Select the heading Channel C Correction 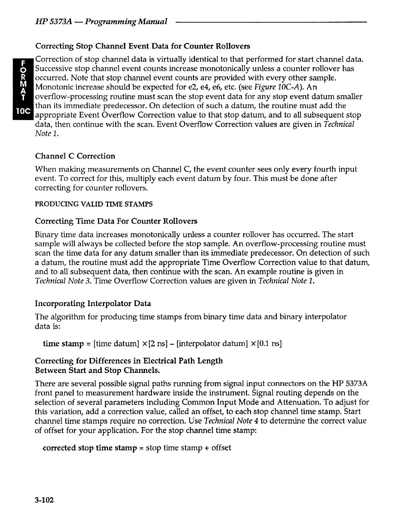click(75, 156)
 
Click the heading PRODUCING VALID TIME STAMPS click(94, 204)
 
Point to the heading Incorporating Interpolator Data click(93, 303)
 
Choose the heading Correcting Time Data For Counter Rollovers click(116, 221)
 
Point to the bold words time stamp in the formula click(63, 344)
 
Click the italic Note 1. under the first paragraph click(47, 133)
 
